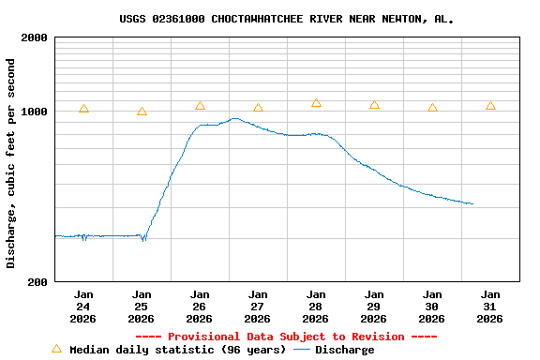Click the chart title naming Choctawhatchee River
coord(287,19)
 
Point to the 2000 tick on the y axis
coord(35,38)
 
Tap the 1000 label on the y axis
coord(35,112)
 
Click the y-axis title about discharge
coord(11,163)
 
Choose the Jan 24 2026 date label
coord(83,307)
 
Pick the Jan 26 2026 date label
coord(200,307)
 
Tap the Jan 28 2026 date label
coord(316,307)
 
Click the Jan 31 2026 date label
coord(489,307)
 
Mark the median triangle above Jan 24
coord(83,109)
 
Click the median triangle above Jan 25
coord(142,112)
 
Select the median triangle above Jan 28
coord(316,103)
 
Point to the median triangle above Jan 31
coord(490,106)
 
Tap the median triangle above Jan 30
coord(432,108)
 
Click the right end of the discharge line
coord(472,203)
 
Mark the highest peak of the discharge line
coord(234,119)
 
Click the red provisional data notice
coord(286,337)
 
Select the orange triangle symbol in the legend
coord(56,349)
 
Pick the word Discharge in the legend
coord(344,350)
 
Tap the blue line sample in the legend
coord(302,350)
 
